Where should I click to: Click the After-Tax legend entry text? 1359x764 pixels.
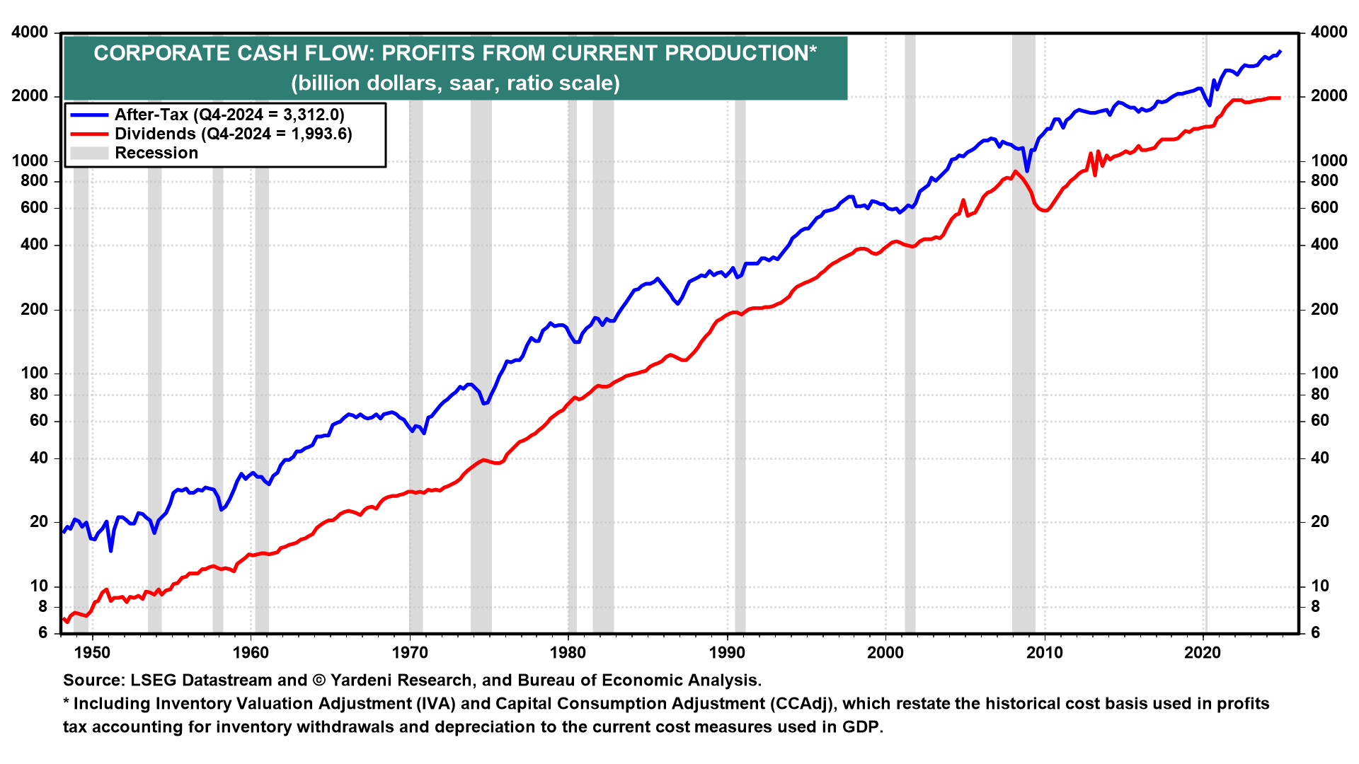(229, 115)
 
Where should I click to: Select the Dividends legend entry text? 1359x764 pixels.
(233, 134)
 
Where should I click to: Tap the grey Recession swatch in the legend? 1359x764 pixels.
(89, 153)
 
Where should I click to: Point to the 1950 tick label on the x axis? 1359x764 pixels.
(92, 652)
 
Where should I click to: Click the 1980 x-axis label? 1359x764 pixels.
(568, 652)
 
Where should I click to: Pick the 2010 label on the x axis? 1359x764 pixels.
(1045, 652)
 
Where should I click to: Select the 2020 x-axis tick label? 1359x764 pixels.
(1203, 652)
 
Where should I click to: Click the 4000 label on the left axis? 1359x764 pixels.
(30, 33)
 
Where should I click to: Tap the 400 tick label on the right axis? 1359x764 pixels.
(1324, 245)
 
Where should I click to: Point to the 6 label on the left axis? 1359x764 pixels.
(42, 632)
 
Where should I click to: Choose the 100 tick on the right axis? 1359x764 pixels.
(1324, 373)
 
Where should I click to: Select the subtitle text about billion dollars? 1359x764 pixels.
(455, 83)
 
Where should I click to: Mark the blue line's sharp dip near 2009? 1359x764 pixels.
(1027, 170)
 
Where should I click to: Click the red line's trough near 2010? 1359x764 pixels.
(1045, 210)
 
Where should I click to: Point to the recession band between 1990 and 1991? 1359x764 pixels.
(740, 354)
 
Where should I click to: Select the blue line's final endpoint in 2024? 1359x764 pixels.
(1280, 51)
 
